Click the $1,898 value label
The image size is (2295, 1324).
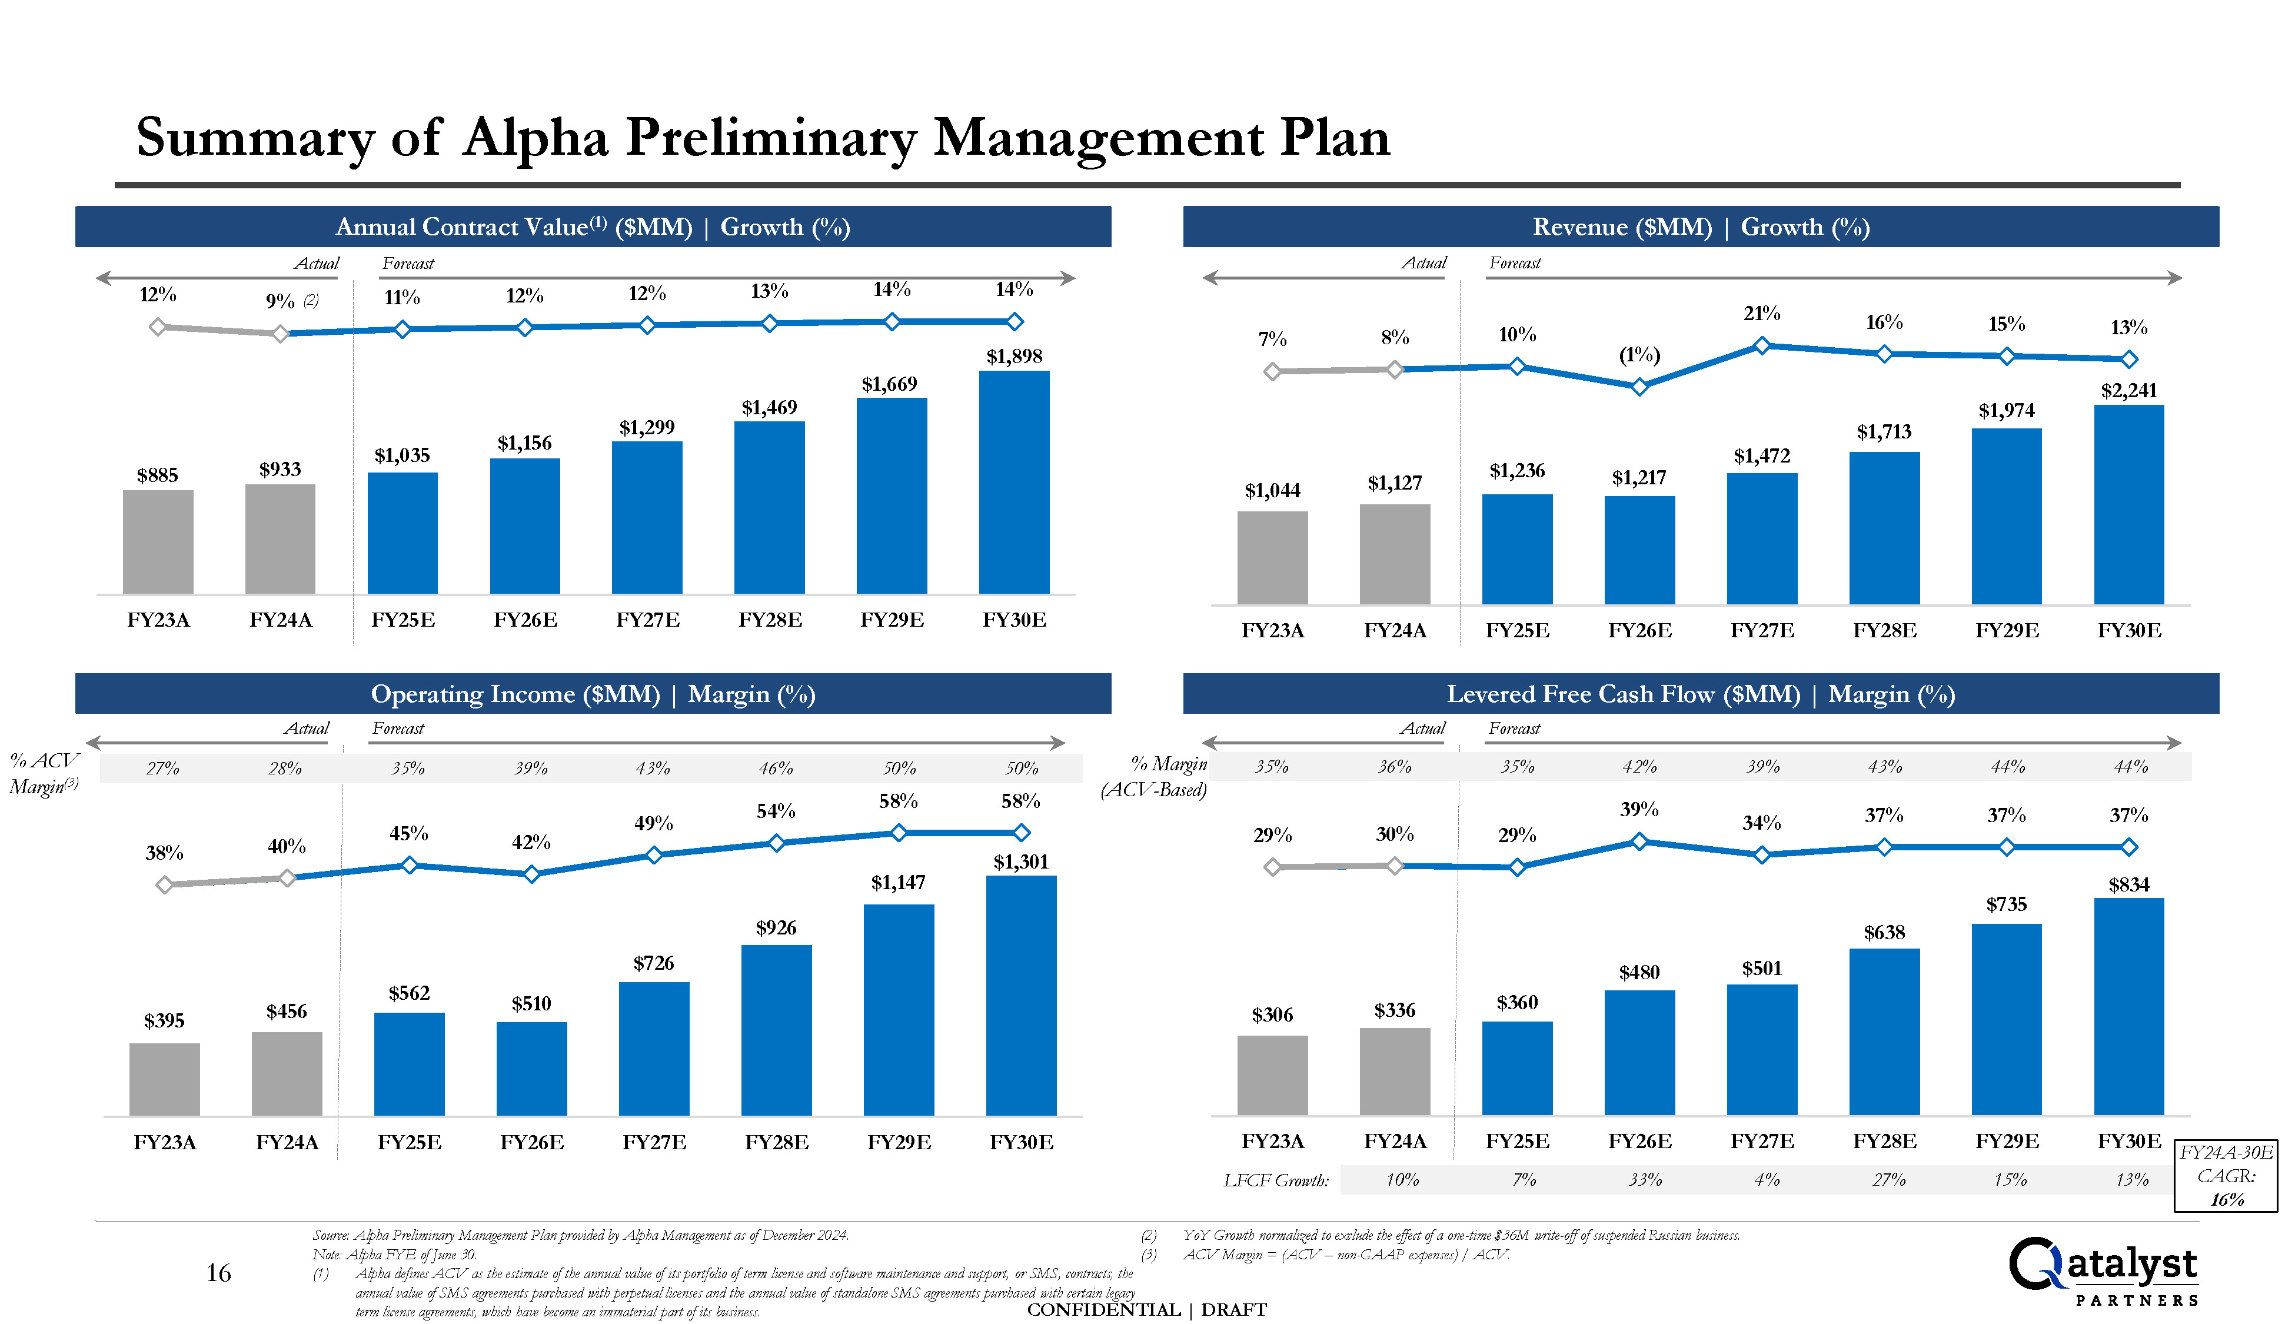[1014, 357]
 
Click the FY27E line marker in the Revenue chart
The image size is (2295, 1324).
[1761, 345]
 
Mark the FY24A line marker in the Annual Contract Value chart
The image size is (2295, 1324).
[280, 334]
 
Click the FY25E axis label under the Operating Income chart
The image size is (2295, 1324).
[409, 1142]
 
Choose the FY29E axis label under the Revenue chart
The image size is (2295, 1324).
[2006, 630]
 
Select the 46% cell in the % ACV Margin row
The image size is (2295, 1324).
[776, 769]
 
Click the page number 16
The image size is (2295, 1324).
[218, 1272]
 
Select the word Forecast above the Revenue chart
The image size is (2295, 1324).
[1514, 263]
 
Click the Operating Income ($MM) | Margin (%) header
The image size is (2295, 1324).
[593, 694]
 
